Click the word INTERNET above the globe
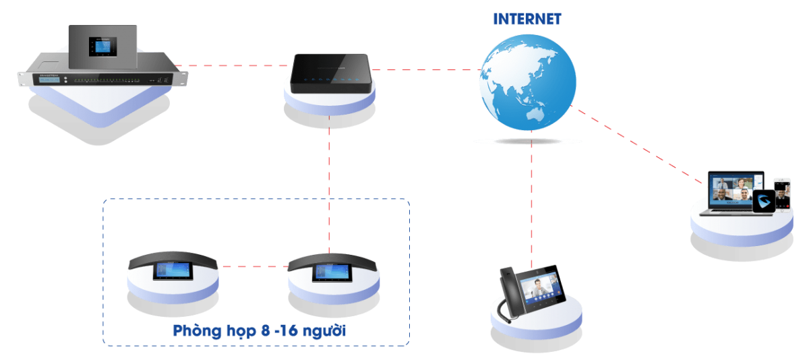[x=527, y=18]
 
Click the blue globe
[x=527, y=82]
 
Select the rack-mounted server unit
[x=101, y=78]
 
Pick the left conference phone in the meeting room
[x=173, y=268]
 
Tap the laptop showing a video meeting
[x=735, y=193]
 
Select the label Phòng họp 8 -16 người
[x=259, y=331]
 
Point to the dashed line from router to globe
[x=425, y=69]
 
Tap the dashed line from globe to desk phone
[x=532, y=202]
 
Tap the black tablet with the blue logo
[x=764, y=202]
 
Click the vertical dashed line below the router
[x=329, y=182]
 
